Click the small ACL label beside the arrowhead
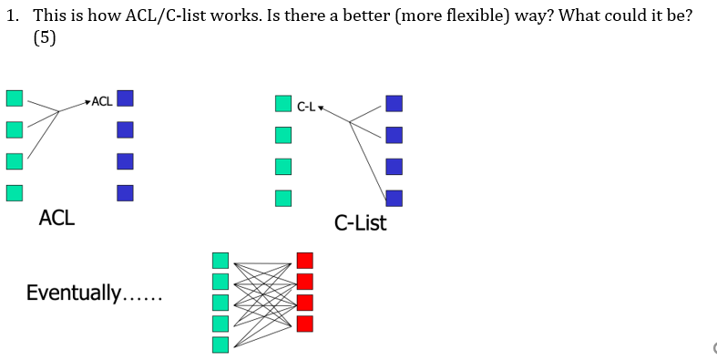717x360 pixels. click(102, 100)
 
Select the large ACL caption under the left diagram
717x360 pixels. click(56, 218)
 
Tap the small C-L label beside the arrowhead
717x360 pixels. click(306, 107)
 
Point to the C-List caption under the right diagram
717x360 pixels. click(360, 222)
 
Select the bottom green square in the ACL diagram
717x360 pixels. click(14, 192)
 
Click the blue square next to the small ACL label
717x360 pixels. click(126, 98)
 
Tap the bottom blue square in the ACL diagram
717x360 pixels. click(126, 192)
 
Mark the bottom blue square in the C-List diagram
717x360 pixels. click(394, 197)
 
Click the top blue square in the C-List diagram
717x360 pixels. click(394, 104)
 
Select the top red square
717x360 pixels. click(304, 261)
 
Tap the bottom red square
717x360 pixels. click(304, 323)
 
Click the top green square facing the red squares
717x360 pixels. click(220, 261)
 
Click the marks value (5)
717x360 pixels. click(44, 39)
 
